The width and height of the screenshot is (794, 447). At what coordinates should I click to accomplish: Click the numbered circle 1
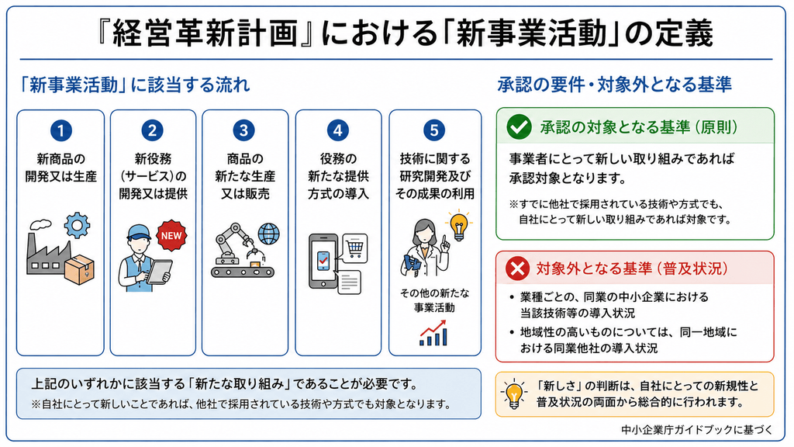60,130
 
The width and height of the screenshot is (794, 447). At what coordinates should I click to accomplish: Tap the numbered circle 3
243,130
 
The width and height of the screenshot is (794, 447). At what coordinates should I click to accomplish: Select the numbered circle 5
434,130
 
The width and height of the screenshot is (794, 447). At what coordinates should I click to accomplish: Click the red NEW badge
171,236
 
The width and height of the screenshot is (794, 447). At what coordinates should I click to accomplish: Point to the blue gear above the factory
77,226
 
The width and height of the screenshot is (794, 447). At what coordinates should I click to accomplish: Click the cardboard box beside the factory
80,269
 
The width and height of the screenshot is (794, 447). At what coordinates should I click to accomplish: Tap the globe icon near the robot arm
268,234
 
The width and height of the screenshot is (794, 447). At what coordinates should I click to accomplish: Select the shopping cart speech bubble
354,248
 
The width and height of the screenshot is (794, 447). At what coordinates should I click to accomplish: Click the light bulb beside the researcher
459,226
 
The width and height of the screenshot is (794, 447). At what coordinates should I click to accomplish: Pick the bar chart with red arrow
433,333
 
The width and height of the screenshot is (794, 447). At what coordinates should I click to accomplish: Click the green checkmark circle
519,126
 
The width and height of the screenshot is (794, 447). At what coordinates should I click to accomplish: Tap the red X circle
517,269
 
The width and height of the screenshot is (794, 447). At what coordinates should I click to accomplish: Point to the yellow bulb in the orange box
514,393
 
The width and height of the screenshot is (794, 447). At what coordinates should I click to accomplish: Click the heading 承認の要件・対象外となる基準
614,85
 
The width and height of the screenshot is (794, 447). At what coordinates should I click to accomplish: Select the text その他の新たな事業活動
434,300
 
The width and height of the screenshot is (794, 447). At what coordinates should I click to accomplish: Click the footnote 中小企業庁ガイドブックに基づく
697,430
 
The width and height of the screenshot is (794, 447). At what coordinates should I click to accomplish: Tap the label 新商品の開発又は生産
60,168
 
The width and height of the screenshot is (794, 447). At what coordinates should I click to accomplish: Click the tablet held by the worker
158,271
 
